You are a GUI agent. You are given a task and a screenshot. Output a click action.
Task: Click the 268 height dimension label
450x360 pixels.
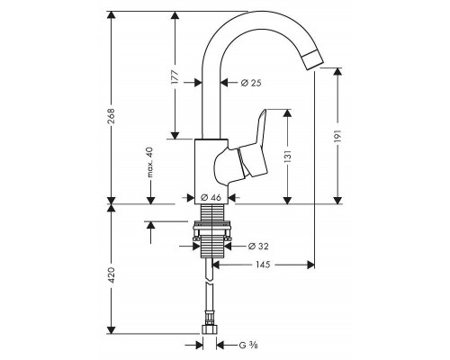[111, 116]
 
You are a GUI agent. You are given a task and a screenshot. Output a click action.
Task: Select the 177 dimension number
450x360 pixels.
[175, 76]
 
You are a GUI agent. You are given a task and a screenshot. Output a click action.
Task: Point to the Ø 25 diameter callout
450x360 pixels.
[251, 83]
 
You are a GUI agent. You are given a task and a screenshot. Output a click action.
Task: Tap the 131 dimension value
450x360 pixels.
[287, 157]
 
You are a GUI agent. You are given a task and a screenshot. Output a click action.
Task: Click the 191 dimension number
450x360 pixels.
[337, 137]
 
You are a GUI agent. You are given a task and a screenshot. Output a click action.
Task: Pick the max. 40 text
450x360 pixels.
[150, 162]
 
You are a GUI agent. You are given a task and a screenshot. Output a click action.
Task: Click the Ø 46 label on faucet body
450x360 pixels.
[211, 197]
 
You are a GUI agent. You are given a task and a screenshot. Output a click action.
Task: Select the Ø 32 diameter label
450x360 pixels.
[258, 247]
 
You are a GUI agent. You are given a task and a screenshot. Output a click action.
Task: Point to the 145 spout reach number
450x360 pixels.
[263, 265]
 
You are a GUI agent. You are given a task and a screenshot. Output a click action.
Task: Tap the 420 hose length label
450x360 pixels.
[111, 275]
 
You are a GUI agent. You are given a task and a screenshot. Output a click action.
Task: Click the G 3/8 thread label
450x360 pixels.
[248, 346]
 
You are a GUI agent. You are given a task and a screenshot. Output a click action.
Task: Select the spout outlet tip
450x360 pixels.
[312, 60]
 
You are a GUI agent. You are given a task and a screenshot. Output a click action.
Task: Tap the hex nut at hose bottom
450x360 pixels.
[209, 329]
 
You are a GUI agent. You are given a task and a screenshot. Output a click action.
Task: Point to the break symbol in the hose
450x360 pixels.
[209, 282]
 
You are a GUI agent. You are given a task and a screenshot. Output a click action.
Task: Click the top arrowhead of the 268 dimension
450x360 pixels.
[112, 15]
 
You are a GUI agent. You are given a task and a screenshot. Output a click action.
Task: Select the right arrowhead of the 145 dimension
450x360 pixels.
[310, 265]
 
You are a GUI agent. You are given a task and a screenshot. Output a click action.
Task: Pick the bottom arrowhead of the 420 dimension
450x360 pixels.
[112, 330]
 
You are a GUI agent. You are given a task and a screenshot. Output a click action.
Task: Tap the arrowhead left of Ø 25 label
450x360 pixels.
[198, 83]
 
